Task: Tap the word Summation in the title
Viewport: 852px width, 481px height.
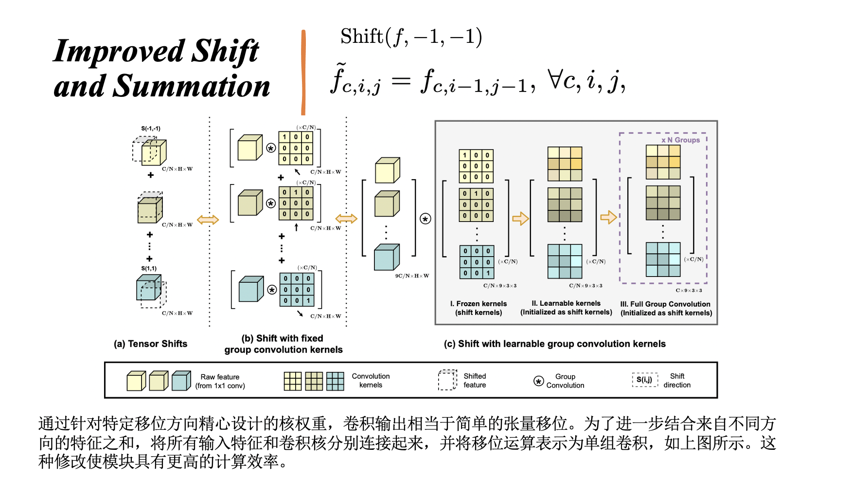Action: [191, 86]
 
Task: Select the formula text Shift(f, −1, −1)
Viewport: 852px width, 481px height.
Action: [411, 37]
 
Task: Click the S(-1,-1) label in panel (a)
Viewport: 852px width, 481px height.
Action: [151, 129]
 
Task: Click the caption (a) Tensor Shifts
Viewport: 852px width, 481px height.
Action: [150, 344]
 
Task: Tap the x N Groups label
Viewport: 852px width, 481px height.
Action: [680, 140]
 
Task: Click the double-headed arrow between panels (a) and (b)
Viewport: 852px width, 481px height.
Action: [208, 220]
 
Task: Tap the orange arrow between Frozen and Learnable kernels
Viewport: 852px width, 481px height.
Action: [520, 218]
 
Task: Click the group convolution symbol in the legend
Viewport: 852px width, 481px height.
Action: [538, 381]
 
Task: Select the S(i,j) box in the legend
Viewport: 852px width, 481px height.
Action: [645, 380]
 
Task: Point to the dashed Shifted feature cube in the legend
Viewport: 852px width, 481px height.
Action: [447, 380]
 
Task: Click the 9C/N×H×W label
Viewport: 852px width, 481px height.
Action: [412, 276]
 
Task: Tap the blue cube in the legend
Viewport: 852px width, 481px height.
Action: [181, 381]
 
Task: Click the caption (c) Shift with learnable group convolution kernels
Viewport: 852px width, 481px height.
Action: [554, 344]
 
